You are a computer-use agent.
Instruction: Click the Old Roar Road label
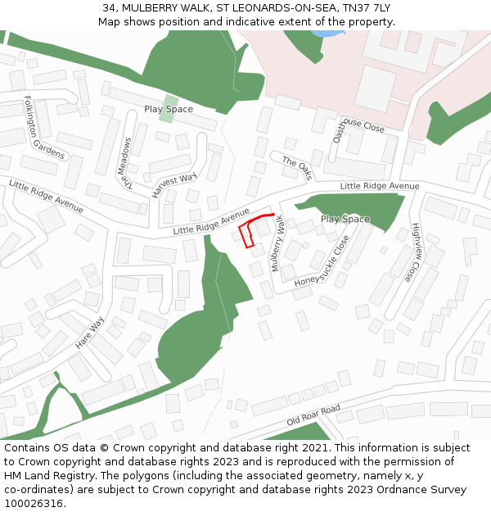pyautogui.click(x=313, y=415)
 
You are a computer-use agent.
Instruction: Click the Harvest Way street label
pyautogui.click(x=174, y=185)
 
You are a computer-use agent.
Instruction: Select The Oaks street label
pyautogui.click(x=297, y=168)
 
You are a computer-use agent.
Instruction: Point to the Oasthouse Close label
pyautogui.click(x=358, y=129)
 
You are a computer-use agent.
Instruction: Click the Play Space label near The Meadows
pyautogui.click(x=169, y=109)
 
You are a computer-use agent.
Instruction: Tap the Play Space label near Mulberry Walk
pyautogui.click(x=345, y=219)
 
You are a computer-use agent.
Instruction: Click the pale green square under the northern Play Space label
pyautogui.click(x=167, y=117)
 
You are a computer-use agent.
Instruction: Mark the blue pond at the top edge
pyautogui.click(x=328, y=34)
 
